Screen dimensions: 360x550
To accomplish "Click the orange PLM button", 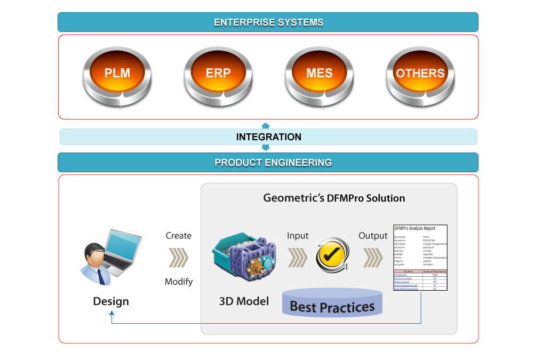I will [117, 74].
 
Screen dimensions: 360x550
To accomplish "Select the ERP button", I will [218, 74].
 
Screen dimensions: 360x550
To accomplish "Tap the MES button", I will [319, 74].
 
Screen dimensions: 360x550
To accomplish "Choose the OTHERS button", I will [420, 74].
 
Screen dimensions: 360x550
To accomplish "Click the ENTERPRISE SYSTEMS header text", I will [268, 22].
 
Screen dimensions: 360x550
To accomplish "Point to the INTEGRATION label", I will [268, 137].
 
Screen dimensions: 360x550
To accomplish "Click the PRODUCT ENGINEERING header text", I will [273, 163].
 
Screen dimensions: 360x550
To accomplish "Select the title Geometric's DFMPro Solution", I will [334, 198].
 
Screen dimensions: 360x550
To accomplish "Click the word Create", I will [178, 236].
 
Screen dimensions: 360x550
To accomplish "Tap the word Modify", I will [178, 282].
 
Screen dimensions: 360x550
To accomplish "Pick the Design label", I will [111, 301].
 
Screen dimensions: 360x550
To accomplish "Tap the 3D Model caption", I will [244, 301].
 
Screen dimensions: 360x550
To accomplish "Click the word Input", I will [298, 236].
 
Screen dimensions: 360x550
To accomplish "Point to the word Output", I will [373, 236].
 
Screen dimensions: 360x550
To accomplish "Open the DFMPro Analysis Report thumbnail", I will [420, 258].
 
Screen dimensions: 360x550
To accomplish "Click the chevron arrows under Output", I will [373, 258].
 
